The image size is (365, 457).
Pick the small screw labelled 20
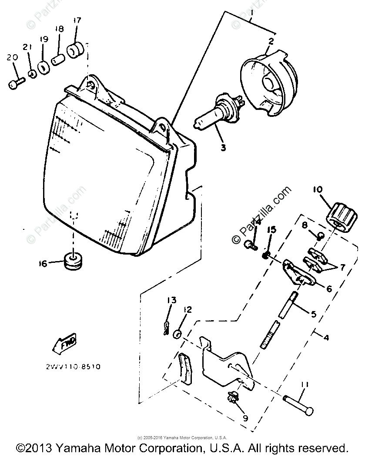coord(14,83)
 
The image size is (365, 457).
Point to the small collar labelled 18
coord(58,59)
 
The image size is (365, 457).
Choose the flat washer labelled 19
coord(43,68)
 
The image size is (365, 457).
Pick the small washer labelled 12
coord(177,334)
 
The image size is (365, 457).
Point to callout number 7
coord(343,268)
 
